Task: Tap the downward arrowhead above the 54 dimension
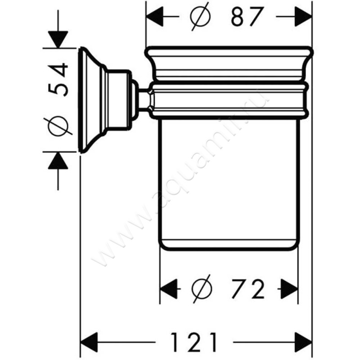58,39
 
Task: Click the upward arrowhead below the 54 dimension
58,161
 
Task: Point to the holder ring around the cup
229,100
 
